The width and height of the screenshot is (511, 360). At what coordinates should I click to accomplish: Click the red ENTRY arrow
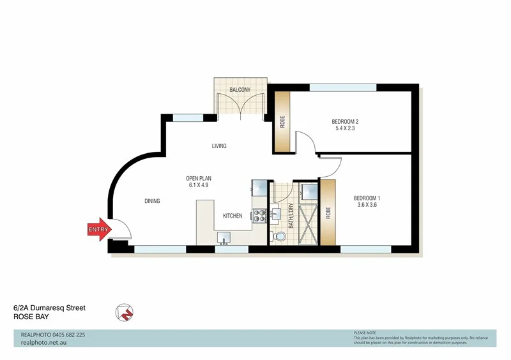98,230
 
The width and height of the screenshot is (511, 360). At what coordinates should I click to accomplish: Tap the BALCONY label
240,90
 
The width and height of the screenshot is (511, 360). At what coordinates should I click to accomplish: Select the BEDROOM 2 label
345,121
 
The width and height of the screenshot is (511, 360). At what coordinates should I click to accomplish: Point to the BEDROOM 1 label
367,198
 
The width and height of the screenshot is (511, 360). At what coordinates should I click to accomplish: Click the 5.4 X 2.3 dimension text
345,129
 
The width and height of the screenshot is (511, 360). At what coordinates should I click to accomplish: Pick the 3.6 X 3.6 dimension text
367,206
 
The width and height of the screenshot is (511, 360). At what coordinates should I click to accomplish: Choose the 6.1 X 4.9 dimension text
197,185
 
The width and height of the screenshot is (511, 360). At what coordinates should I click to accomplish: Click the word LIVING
219,146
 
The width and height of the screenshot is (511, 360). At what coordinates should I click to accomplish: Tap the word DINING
152,201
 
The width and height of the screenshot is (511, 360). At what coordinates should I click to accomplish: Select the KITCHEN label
233,216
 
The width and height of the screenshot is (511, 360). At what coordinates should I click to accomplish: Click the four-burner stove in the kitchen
260,216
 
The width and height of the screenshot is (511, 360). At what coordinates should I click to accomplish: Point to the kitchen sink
224,237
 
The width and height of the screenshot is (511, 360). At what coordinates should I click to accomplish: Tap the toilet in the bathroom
278,237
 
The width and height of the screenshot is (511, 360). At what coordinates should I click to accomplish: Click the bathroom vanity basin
276,212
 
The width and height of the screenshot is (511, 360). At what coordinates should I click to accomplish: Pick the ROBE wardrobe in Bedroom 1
328,211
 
